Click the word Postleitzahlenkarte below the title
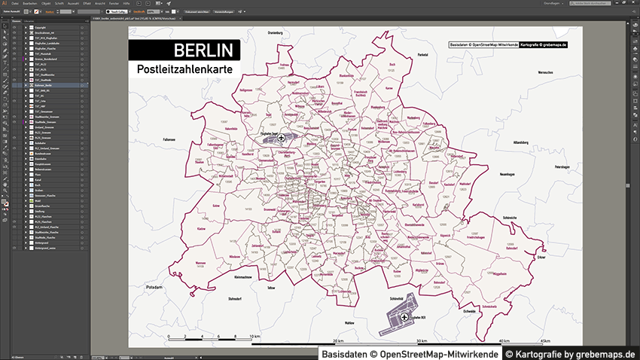[184, 69]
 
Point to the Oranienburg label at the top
[279, 34]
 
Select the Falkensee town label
[168, 139]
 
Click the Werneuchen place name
[535, 72]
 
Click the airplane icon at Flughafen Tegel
[282, 139]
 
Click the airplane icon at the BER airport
[404, 318]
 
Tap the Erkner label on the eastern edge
[541, 257]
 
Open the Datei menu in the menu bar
[15, 3]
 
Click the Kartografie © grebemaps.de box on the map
[543, 45]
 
